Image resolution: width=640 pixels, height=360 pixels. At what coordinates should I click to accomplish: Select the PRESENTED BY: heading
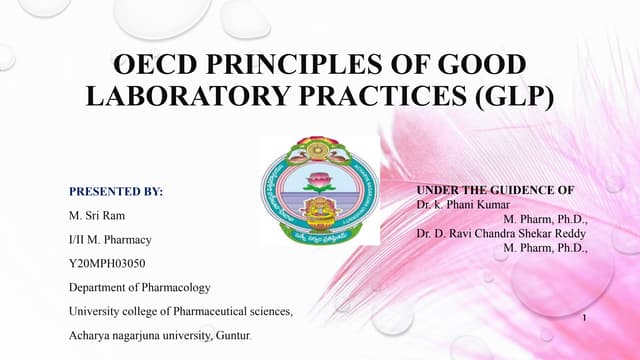(115, 190)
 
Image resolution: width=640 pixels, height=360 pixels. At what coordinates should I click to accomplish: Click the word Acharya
(91, 337)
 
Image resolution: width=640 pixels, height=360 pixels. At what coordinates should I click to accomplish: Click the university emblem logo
(319, 190)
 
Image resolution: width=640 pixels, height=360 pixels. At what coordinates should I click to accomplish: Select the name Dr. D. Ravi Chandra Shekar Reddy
(501, 233)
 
